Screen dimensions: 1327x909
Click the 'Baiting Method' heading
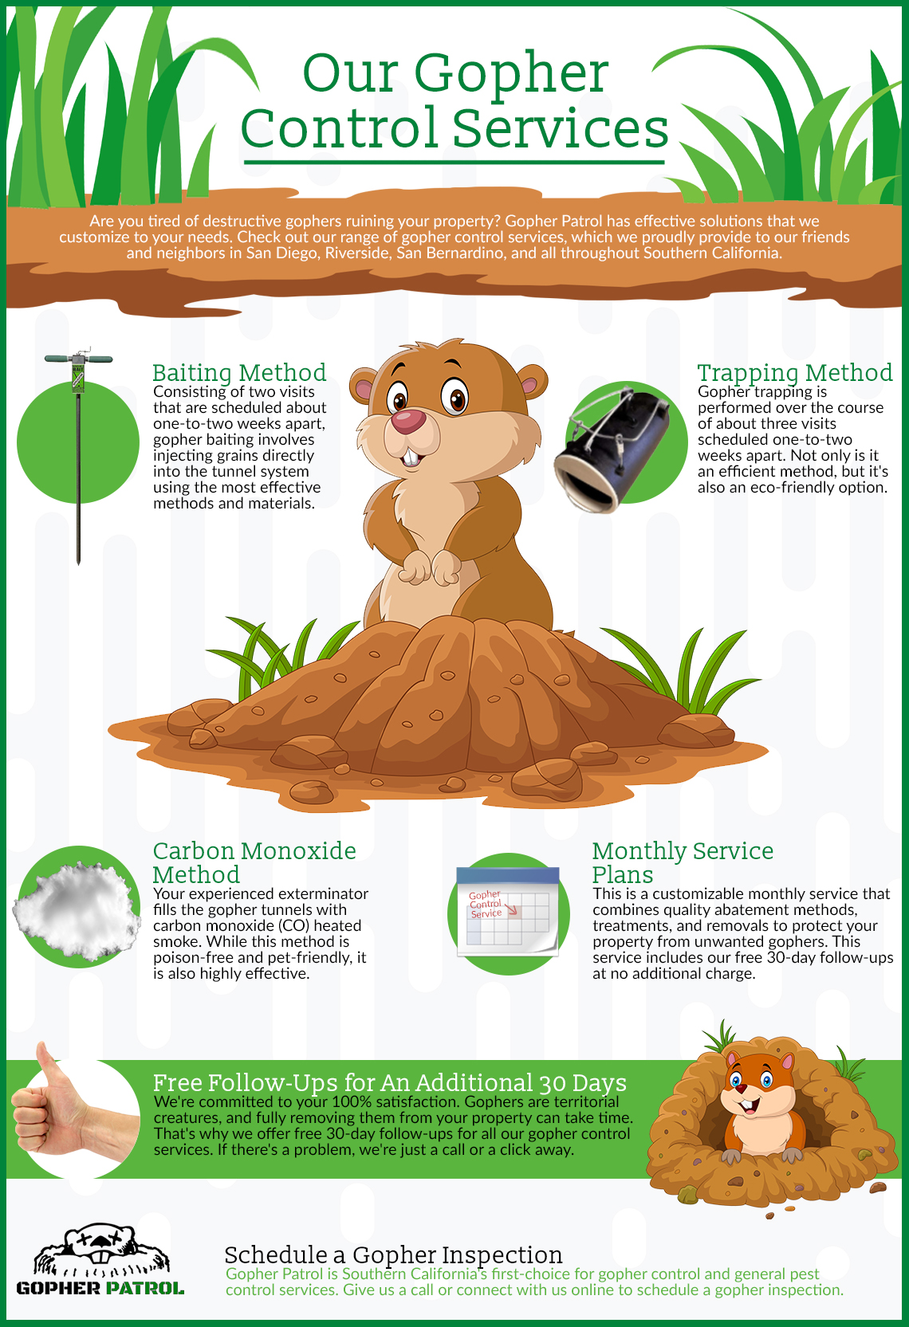click(238, 372)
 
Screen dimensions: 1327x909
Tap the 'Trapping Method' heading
click(794, 372)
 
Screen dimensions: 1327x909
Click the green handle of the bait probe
click(78, 359)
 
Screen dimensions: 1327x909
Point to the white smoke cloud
click(76, 905)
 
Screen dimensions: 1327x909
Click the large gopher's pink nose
click(408, 421)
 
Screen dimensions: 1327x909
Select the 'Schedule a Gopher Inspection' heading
click(393, 1254)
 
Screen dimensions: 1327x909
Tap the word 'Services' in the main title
click(561, 128)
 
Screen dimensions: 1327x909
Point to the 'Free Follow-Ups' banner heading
click(389, 1082)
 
